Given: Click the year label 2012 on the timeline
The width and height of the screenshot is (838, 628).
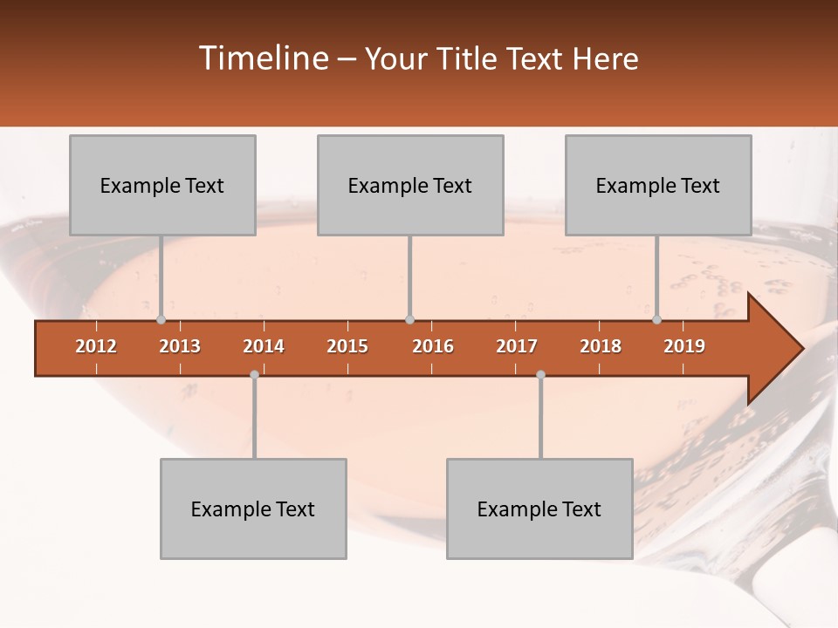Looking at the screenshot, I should click(96, 346).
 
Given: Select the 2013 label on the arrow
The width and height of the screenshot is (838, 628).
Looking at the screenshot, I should click(180, 346).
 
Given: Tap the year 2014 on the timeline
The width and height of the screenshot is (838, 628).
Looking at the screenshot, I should click(264, 346).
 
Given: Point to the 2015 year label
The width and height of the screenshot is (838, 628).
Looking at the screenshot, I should click(347, 346).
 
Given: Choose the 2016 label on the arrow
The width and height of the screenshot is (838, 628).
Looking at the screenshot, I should click(433, 346).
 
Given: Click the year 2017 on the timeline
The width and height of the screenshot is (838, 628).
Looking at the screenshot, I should click(517, 346).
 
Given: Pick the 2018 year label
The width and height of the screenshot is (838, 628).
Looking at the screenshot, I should click(601, 346).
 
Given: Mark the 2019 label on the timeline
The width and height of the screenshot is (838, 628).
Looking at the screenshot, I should click(684, 346).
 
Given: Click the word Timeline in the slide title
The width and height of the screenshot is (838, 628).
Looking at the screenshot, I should click(262, 58).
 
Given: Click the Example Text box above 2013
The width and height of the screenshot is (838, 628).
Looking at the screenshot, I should click(162, 185).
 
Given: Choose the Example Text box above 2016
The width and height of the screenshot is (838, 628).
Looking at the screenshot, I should click(410, 185).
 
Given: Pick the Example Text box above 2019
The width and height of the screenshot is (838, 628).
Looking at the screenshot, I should click(658, 185).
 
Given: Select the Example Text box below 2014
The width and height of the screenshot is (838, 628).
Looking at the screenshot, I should click(253, 509).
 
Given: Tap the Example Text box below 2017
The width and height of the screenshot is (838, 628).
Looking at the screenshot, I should click(539, 509).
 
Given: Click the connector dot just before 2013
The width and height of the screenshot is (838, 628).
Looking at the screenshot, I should click(161, 319).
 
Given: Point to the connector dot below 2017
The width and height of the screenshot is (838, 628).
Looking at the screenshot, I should click(540, 374).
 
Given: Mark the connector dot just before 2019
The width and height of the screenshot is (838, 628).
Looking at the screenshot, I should click(657, 319).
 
